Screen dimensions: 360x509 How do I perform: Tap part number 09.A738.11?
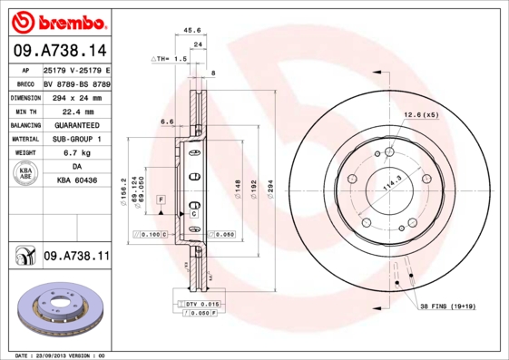76,257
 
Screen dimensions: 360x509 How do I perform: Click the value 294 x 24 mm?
76,96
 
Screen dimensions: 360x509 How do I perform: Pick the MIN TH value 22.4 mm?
76,110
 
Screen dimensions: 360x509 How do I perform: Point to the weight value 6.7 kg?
76,153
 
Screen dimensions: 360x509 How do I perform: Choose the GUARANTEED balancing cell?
76,124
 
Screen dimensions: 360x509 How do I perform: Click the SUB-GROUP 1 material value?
76,139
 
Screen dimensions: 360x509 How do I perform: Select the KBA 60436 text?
76,182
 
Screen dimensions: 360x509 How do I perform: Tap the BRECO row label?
24,83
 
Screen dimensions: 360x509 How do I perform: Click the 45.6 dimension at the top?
191,30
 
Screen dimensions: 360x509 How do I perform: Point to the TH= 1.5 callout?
171,58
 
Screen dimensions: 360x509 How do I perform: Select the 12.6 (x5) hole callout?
421,114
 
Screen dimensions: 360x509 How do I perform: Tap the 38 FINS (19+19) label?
446,306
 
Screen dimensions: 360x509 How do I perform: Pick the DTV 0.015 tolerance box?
201,303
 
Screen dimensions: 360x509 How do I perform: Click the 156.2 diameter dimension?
124,191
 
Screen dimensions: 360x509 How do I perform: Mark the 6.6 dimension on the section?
167,121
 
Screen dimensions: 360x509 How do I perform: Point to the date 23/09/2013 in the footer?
58,355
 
